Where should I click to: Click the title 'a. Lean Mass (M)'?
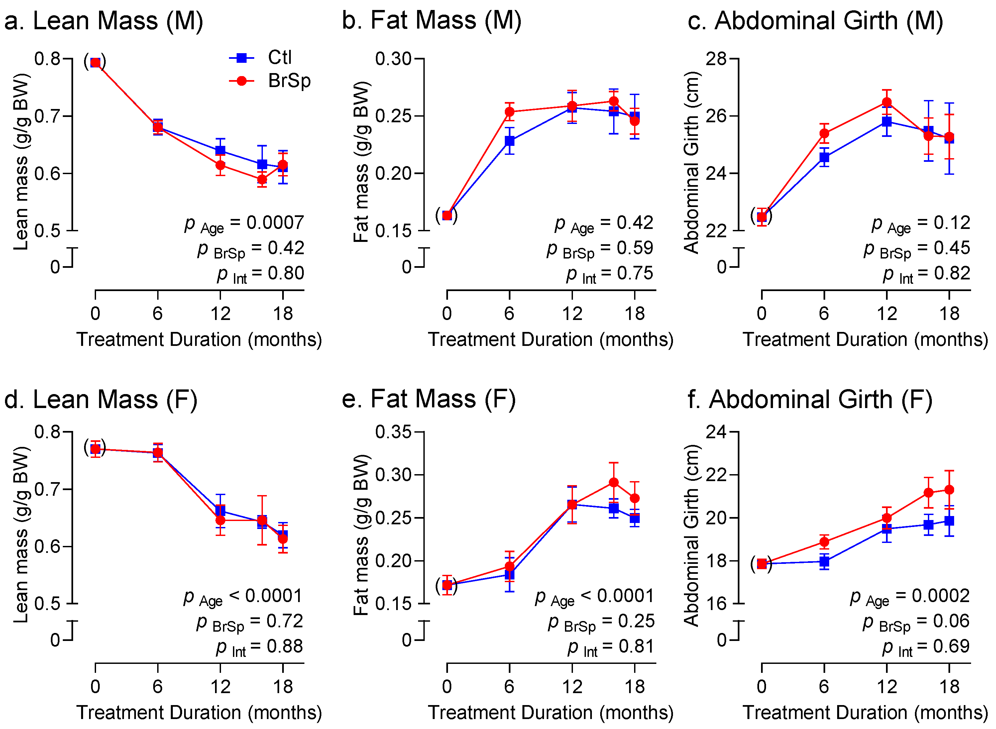click(x=104, y=21)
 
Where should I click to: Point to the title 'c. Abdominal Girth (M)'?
click(x=815, y=21)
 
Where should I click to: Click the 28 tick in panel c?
click(x=716, y=58)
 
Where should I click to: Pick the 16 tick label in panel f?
click(x=716, y=603)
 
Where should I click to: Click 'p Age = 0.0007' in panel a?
click(x=244, y=223)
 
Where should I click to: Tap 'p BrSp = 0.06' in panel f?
click(x=916, y=622)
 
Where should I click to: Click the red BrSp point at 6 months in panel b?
click(x=509, y=112)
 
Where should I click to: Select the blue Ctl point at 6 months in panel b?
click(x=509, y=141)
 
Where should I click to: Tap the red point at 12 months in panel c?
click(x=887, y=103)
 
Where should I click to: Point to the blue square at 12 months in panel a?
click(x=220, y=151)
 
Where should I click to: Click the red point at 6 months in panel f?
click(x=824, y=542)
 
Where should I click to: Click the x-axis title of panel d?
click(x=199, y=712)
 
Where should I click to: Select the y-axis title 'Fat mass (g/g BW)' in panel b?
click(x=361, y=161)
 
